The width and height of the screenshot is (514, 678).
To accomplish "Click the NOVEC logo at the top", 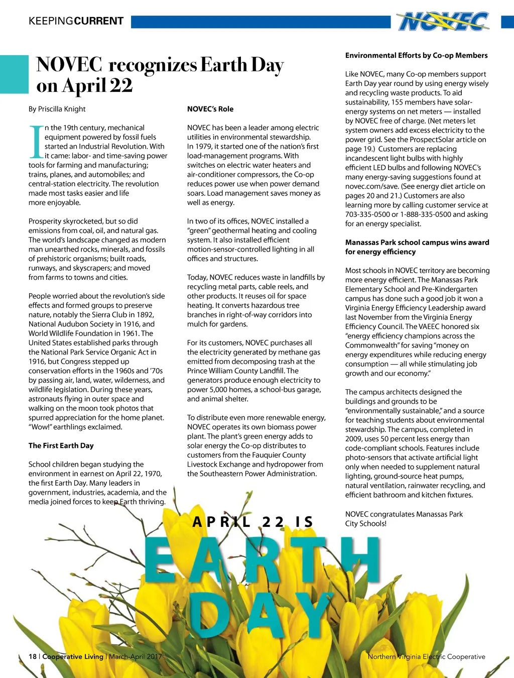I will [443, 22].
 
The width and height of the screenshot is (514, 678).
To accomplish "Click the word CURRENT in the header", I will [98, 21].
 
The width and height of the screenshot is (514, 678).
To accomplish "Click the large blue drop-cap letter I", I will [36, 142].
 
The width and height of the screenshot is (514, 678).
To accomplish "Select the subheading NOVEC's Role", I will [210, 109].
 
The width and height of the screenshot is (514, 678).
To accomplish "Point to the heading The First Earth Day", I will [61, 445].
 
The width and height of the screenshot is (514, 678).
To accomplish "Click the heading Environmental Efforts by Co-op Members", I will [416, 55].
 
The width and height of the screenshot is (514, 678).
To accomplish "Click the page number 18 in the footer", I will [33, 656].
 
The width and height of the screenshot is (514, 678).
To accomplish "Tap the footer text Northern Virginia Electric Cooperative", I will [426, 656].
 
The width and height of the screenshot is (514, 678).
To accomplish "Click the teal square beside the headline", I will [14, 74].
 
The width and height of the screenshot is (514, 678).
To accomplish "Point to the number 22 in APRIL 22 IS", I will [273, 522].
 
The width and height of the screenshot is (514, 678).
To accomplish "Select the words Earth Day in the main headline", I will [242, 65].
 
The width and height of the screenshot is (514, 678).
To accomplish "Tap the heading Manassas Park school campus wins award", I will [417, 242].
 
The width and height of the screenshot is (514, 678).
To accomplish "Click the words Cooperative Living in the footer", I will [73, 656].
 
